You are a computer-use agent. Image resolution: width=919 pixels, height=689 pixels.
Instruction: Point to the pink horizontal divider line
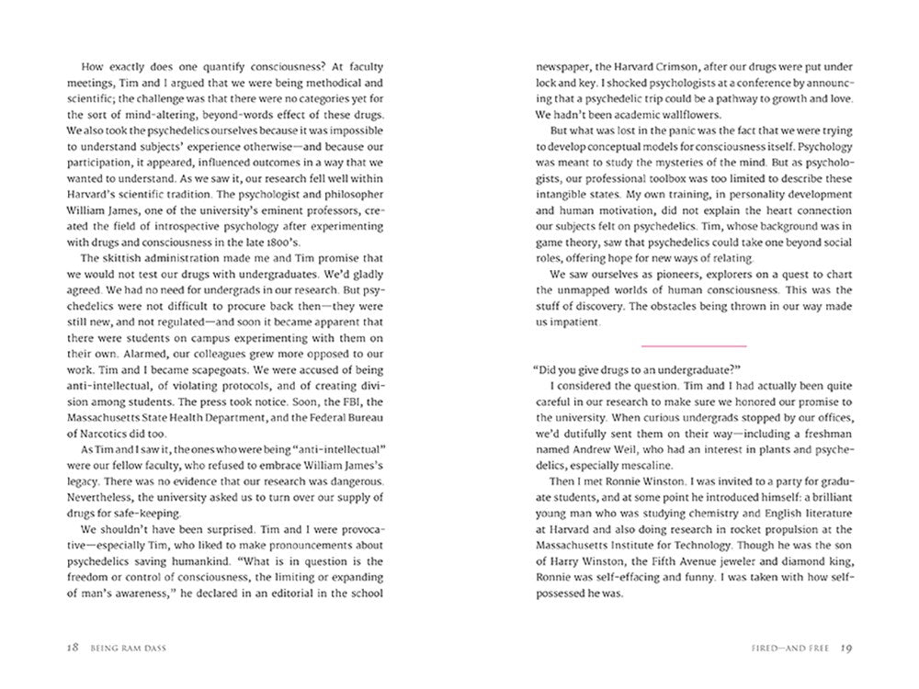694,345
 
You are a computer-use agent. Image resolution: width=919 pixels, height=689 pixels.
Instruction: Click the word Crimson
657,67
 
